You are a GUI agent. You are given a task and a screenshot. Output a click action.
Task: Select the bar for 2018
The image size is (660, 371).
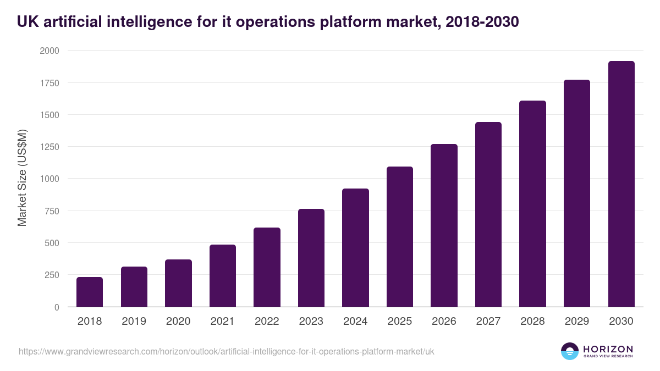tap(90, 292)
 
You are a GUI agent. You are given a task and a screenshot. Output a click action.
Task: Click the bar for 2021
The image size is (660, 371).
tap(222, 276)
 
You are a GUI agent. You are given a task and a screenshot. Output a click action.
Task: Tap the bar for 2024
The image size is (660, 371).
tap(355, 248)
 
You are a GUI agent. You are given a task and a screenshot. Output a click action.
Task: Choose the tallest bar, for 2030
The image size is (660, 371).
tap(621, 184)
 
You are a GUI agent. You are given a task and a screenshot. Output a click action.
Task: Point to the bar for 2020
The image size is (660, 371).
tap(178, 283)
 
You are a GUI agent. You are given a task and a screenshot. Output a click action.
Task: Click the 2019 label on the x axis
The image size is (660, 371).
tap(134, 322)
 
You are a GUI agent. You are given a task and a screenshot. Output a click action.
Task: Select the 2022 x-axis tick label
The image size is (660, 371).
tap(267, 322)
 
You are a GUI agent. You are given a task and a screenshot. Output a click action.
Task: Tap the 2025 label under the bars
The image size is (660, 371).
tap(399, 322)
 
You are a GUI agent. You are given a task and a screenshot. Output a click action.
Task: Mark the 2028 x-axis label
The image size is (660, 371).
tap(532, 322)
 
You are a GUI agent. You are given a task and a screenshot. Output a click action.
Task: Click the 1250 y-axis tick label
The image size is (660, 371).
tap(49, 147)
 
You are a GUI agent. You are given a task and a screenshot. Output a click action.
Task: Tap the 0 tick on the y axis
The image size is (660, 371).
tap(57, 307)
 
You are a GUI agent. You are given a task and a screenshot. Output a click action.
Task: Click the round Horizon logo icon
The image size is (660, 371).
tap(569, 351)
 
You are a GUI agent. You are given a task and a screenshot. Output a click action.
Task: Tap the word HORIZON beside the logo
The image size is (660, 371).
tap(608, 349)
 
